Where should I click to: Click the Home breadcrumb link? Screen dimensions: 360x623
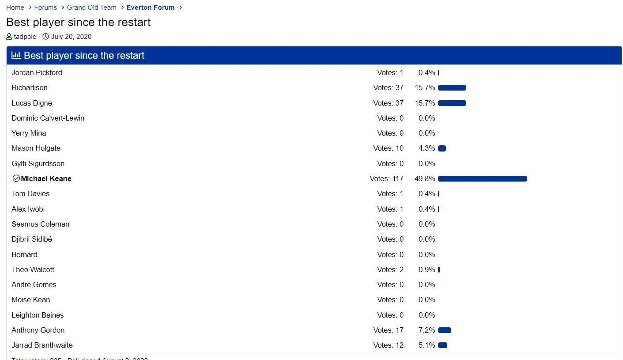tap(15, 8)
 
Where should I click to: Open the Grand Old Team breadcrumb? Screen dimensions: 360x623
tap(91, 8)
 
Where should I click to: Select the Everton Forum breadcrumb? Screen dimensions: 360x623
tap(150, 8)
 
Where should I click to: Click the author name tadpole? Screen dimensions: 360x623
tap(25, 37)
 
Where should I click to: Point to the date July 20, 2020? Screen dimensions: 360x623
tap(71, 37)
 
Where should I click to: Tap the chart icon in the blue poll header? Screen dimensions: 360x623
tap(16, 55)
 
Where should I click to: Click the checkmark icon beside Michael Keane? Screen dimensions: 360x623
tap(16, 178)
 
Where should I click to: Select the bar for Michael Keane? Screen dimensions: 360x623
tap(482, 179)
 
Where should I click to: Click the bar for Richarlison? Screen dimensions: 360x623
tap(452, 88)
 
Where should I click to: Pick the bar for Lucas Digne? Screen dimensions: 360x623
tap(452, 103)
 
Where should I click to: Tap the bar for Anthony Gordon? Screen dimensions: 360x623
tap(444, 330)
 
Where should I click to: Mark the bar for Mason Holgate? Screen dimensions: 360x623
tap(442, 148)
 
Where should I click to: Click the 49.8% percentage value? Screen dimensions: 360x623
tap(425, 179)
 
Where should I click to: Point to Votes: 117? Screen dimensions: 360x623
tap(386, 179)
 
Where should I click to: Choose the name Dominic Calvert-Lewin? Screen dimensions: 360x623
tap(48, 118)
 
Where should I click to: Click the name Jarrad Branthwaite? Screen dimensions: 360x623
tap(42, 345)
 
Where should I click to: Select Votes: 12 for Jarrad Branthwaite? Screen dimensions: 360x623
tap(388, 345)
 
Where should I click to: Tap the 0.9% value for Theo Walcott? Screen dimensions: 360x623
tap(427, 270)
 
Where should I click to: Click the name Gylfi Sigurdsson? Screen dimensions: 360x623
tap(38, 164)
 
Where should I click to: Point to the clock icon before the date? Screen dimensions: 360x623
tap(45, 37)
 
